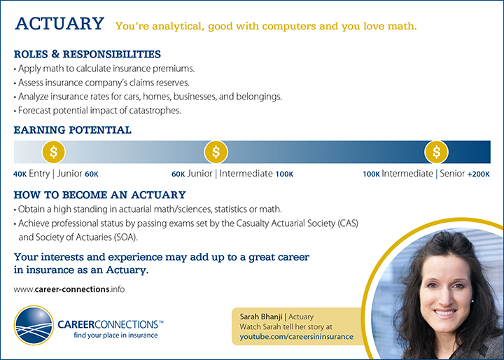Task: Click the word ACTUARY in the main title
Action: coord(59,24)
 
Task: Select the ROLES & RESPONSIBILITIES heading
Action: coord(87,54)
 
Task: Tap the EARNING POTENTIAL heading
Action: coord(72,130)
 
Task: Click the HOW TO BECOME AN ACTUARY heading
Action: coord(99,195)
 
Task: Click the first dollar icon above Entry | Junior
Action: coord(54,151)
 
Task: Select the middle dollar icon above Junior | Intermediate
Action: coord(216,151)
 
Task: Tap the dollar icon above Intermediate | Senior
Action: coord(437,151)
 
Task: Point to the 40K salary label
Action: coord(20,174)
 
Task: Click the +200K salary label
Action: coord(478,174)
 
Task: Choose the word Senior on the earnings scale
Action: coord(452,174)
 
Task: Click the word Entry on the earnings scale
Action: coord(39,174)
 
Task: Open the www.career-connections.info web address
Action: coord(69,289)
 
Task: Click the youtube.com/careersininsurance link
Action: coord(296,337)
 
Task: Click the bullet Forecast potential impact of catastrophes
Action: coord(87,110)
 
